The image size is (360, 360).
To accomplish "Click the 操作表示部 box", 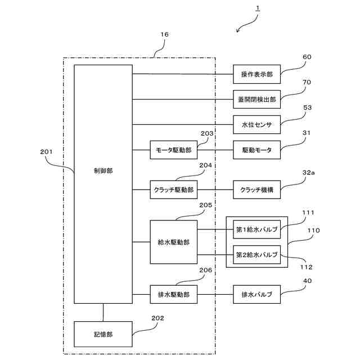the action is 256,74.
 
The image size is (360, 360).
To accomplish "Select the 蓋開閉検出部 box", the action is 256,100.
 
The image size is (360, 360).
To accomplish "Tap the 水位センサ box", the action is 256,125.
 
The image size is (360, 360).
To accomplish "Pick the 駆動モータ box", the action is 256,150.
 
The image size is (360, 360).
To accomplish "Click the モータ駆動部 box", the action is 174,150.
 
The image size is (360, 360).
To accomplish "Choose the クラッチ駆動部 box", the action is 174,190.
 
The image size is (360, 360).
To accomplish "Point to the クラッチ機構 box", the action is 256,190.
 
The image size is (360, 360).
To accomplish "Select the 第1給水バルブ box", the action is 256,229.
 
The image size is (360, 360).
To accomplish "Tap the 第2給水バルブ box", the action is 256,255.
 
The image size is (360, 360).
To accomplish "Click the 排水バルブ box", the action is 256,294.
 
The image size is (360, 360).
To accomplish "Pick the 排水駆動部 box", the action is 174,294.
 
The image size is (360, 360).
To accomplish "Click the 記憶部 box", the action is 103,334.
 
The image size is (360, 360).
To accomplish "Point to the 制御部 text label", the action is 103,171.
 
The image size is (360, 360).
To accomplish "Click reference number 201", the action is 46,152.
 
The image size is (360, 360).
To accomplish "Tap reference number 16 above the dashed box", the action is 164,34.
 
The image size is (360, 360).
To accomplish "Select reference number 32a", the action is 308,173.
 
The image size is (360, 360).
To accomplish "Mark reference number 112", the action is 307,267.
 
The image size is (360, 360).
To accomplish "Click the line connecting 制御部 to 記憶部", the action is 103,313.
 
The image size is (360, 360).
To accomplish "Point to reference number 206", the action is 205,270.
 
